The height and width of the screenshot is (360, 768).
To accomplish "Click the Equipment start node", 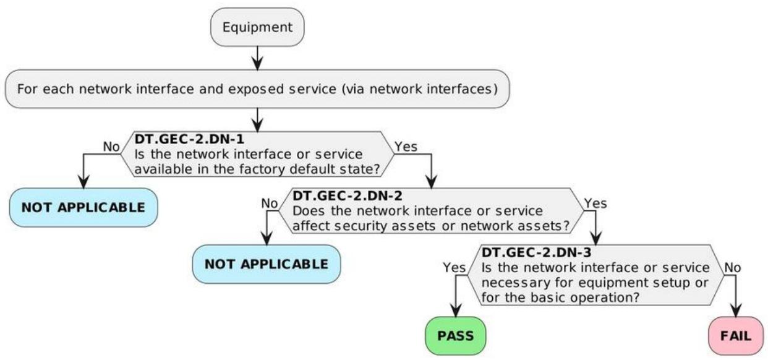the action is (257, 27).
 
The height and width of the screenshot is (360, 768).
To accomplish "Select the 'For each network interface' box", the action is (257, 89).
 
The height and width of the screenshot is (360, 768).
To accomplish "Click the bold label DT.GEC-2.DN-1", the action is (189, 139).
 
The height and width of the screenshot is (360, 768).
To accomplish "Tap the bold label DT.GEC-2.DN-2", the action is (348, 195).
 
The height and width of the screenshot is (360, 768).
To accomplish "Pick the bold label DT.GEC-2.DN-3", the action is (537, 253).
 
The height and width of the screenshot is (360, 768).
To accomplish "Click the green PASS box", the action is (456, 336).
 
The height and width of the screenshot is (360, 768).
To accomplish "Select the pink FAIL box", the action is (736, 336).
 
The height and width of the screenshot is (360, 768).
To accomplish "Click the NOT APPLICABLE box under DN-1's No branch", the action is (83, 207).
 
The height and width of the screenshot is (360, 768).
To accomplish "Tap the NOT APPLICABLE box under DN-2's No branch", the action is (267, 264).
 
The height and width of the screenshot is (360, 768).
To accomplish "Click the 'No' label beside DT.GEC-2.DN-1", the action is (111, 147).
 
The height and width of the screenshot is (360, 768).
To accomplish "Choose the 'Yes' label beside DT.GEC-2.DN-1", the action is (406, 147).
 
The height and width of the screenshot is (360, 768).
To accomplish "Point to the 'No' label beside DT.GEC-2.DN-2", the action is (270, 204).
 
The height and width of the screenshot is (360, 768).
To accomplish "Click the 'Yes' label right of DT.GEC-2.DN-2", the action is (595, 204).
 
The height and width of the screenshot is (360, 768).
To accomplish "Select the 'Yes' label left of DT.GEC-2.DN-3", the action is (454, 267).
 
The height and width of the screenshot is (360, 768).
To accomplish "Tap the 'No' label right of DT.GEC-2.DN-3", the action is (733, 267).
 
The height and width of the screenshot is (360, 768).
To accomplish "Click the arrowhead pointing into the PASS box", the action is (456, 311).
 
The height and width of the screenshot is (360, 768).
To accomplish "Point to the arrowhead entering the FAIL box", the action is (736, 311).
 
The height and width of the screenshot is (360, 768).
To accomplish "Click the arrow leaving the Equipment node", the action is (257, 58).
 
